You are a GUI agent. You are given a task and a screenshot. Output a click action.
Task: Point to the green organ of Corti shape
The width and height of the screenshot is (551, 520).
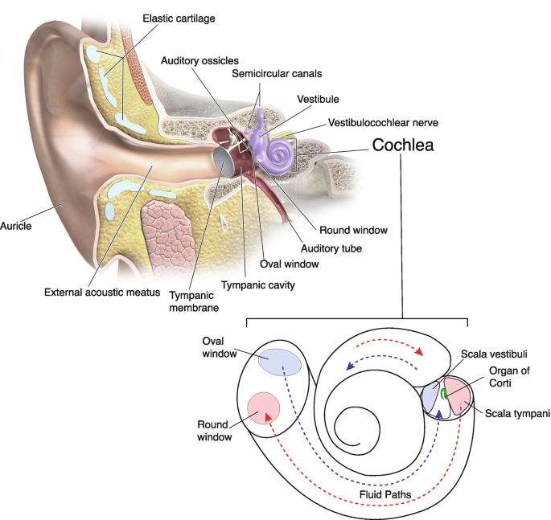[x=444, y=395]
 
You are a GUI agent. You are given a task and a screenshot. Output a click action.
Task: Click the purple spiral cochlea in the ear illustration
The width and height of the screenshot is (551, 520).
[x=282, y=152]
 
